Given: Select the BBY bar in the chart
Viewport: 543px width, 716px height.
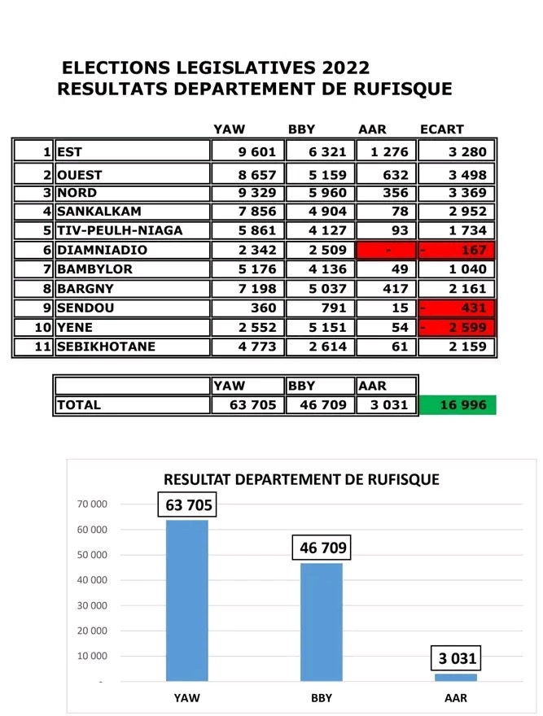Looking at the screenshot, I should [x=322, y=622].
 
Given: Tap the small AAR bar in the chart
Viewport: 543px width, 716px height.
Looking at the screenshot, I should [x=456, y=677].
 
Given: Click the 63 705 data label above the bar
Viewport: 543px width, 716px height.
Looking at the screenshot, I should [x=189, y=505].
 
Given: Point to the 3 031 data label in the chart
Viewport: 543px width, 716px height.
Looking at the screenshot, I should [x=457, y=658].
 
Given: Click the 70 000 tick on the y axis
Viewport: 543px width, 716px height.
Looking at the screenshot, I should [x=93, y=504].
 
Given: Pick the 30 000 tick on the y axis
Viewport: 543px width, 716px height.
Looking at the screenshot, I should [x=93, y=605].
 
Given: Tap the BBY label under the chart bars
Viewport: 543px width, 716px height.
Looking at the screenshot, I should [x=321, y=698].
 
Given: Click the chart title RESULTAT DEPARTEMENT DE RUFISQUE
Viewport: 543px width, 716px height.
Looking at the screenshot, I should [x=301, y=479].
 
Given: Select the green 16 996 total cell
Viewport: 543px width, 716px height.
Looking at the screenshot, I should [x=457, y=405].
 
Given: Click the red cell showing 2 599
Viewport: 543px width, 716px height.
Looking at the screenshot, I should [x=457, y=328].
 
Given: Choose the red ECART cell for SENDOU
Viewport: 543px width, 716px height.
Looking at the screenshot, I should [x=457, y=308].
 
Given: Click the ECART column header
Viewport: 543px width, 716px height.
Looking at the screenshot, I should [x=442, y=129].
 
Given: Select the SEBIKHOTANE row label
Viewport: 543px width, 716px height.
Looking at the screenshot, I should [x=105, y=347].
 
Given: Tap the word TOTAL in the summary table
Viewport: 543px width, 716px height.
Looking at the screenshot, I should [x=79, y=405].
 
